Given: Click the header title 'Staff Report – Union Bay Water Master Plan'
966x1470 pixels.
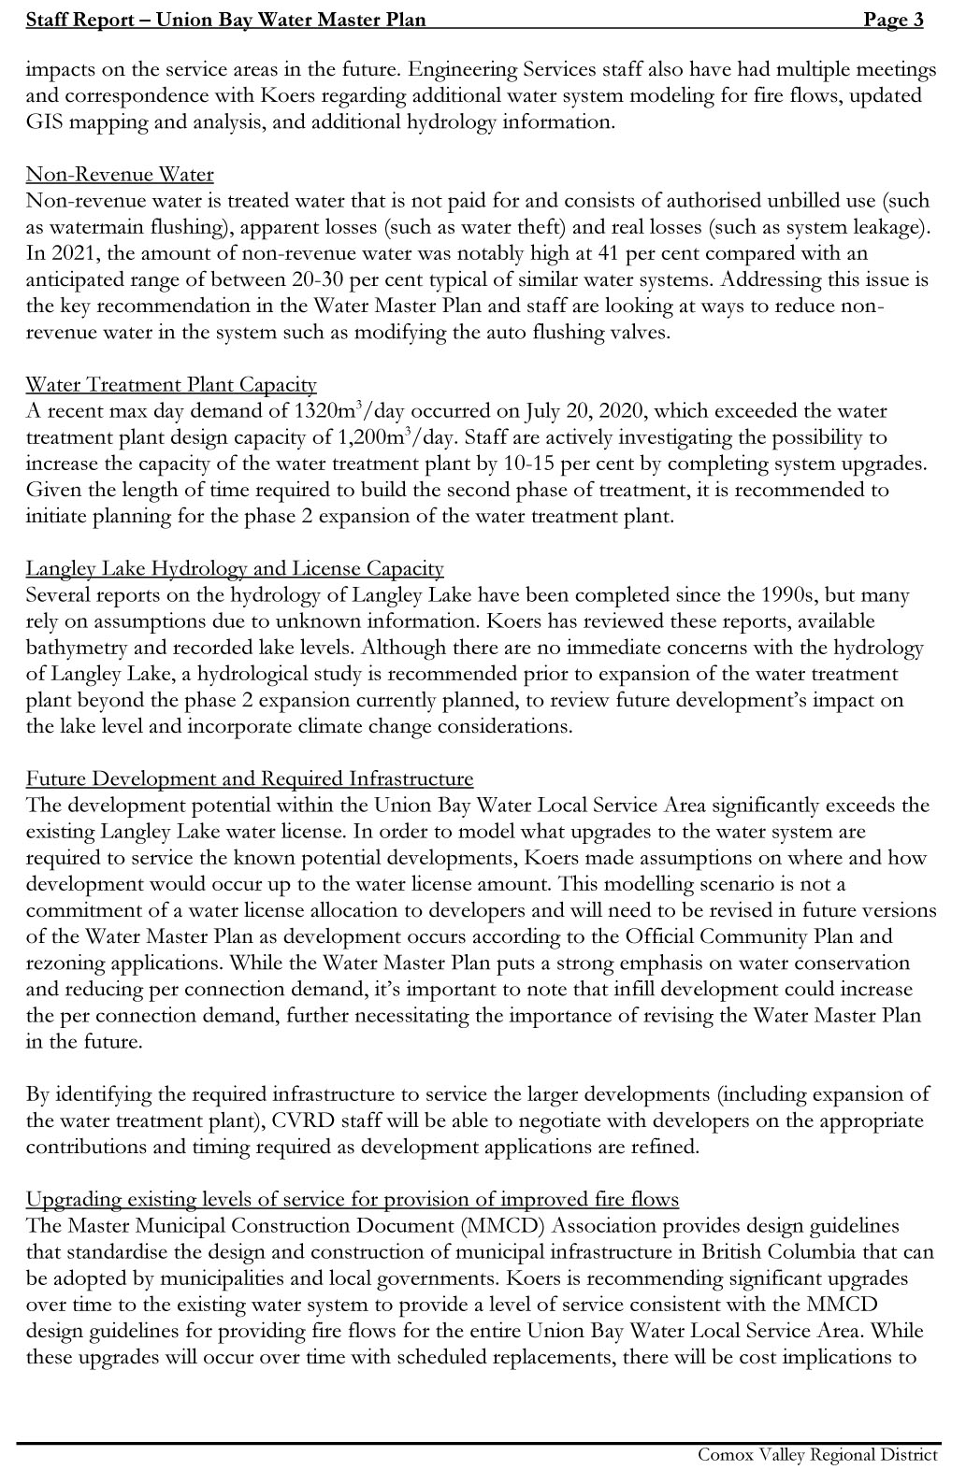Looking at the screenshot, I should click(225, 21).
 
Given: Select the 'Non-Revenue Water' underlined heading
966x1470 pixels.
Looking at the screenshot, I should click(120, 175).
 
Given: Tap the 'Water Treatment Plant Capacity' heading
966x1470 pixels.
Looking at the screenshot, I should click(171, 385).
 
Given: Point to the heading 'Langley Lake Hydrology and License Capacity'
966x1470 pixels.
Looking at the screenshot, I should click(235, 569).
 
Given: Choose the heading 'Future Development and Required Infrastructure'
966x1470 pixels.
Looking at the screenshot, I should click(250, 779).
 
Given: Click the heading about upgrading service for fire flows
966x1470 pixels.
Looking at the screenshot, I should click(352, 1200).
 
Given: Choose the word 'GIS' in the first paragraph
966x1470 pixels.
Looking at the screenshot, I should click(45, 121).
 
